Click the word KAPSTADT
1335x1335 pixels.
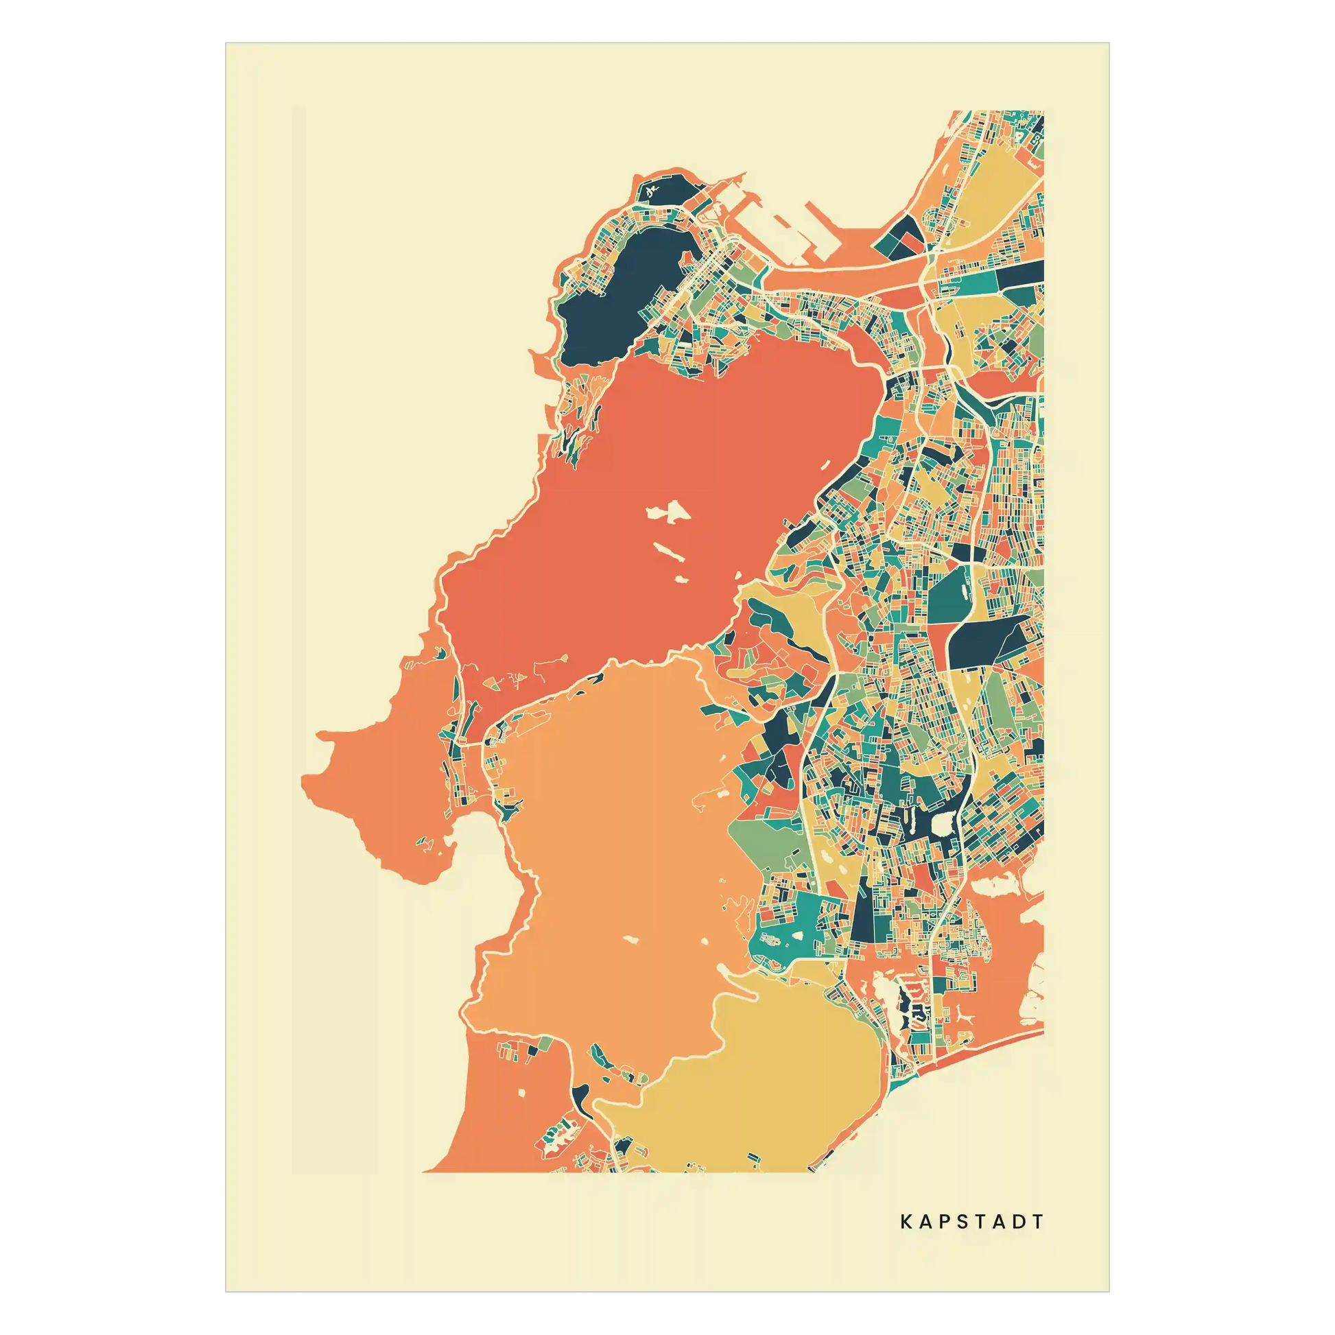971,1222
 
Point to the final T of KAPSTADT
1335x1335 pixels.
1037,1222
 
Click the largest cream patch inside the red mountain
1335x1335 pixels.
667,512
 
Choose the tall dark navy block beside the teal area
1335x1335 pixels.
864,912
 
